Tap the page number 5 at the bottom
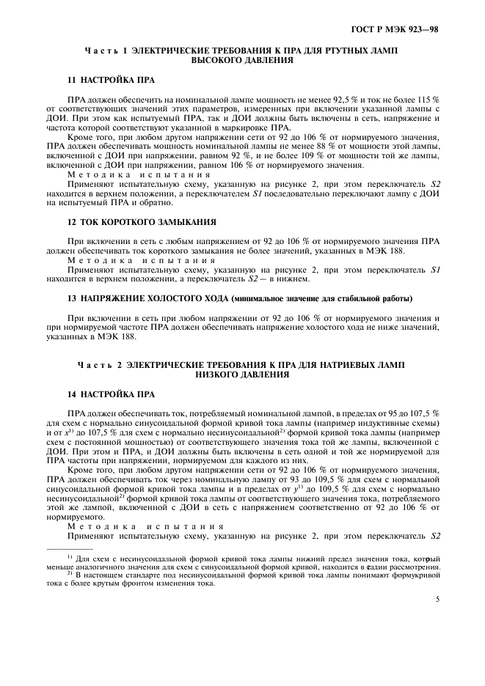coord(437,599)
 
